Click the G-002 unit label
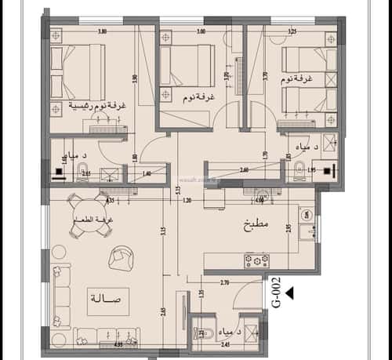276,292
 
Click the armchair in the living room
122,255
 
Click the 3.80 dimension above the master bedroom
102,32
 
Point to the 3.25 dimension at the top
292,32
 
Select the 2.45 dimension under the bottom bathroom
226,344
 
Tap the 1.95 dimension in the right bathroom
310,170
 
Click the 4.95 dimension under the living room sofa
96,344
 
